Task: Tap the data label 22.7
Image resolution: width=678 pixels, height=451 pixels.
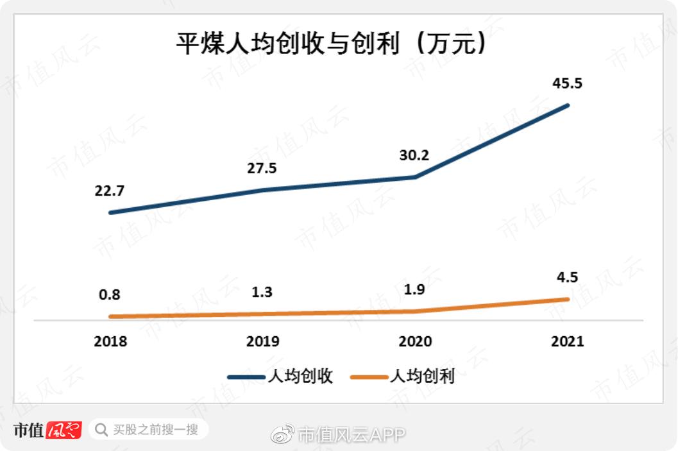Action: click(110, 191)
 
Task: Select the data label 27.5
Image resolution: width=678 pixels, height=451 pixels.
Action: click(262, 169)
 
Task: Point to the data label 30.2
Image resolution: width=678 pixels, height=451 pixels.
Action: click(415, 155)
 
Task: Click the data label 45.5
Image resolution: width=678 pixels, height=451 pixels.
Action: click(568, 83)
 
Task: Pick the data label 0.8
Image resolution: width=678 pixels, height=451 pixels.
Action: click(110, 296)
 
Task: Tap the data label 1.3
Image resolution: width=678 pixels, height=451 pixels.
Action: click(262, 293)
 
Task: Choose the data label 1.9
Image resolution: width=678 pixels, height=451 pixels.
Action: click(415, 289)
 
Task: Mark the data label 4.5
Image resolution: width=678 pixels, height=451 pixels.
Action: click(568, 278)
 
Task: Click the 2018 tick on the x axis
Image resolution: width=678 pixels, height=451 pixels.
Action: click(110, 341)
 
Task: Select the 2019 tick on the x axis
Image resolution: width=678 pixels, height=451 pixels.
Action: click(262, 341)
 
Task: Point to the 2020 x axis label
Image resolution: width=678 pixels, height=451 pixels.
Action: click(415, 341)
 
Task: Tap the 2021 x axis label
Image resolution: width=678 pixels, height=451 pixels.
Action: click(568, 341)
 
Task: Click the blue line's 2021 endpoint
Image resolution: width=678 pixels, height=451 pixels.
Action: click(568, 105)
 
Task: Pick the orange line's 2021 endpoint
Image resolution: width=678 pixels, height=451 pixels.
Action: click(568, 299)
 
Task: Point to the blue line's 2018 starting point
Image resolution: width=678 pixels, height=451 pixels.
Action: click(110, 212)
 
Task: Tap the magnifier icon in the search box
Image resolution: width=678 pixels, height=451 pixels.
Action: click(101, 429)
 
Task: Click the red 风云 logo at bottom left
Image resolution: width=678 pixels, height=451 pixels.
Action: click(64, 430)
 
